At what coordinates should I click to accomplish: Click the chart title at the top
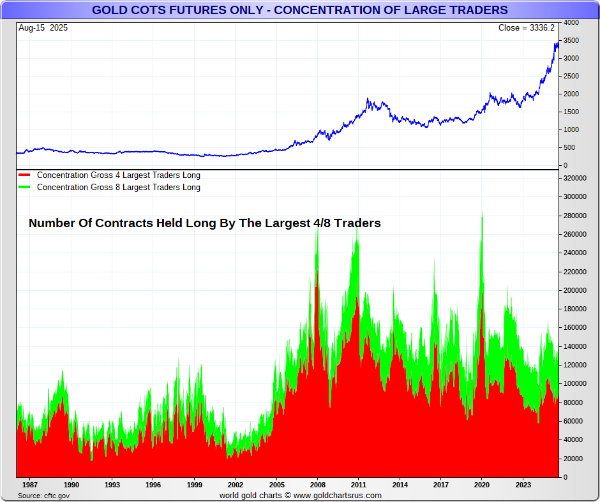point(300,10)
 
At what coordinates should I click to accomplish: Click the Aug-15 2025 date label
point(43,28)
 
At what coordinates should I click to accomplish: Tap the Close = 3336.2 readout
point(527,28)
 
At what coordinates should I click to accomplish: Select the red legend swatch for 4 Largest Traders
point(24,175)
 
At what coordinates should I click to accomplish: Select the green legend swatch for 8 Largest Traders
point(24,188)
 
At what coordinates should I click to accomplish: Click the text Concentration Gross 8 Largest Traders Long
point(118,188)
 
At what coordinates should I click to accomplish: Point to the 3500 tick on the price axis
point(571,41)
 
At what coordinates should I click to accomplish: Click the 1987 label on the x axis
point(30,485)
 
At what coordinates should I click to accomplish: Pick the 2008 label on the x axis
point(317,485)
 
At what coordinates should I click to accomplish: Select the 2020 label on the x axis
point(481,485)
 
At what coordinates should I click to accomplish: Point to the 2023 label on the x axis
point(523,485)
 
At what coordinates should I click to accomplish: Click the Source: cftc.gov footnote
point(44,496)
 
